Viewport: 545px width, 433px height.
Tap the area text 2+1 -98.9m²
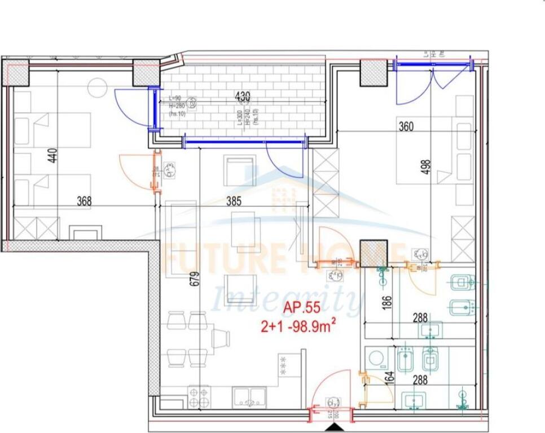(x=298, y=325)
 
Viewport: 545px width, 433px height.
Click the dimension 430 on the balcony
(x=243, y=97)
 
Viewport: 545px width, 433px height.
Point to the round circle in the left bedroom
(x=96, y=86)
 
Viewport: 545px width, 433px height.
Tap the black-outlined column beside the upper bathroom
(x=373, y=253)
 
